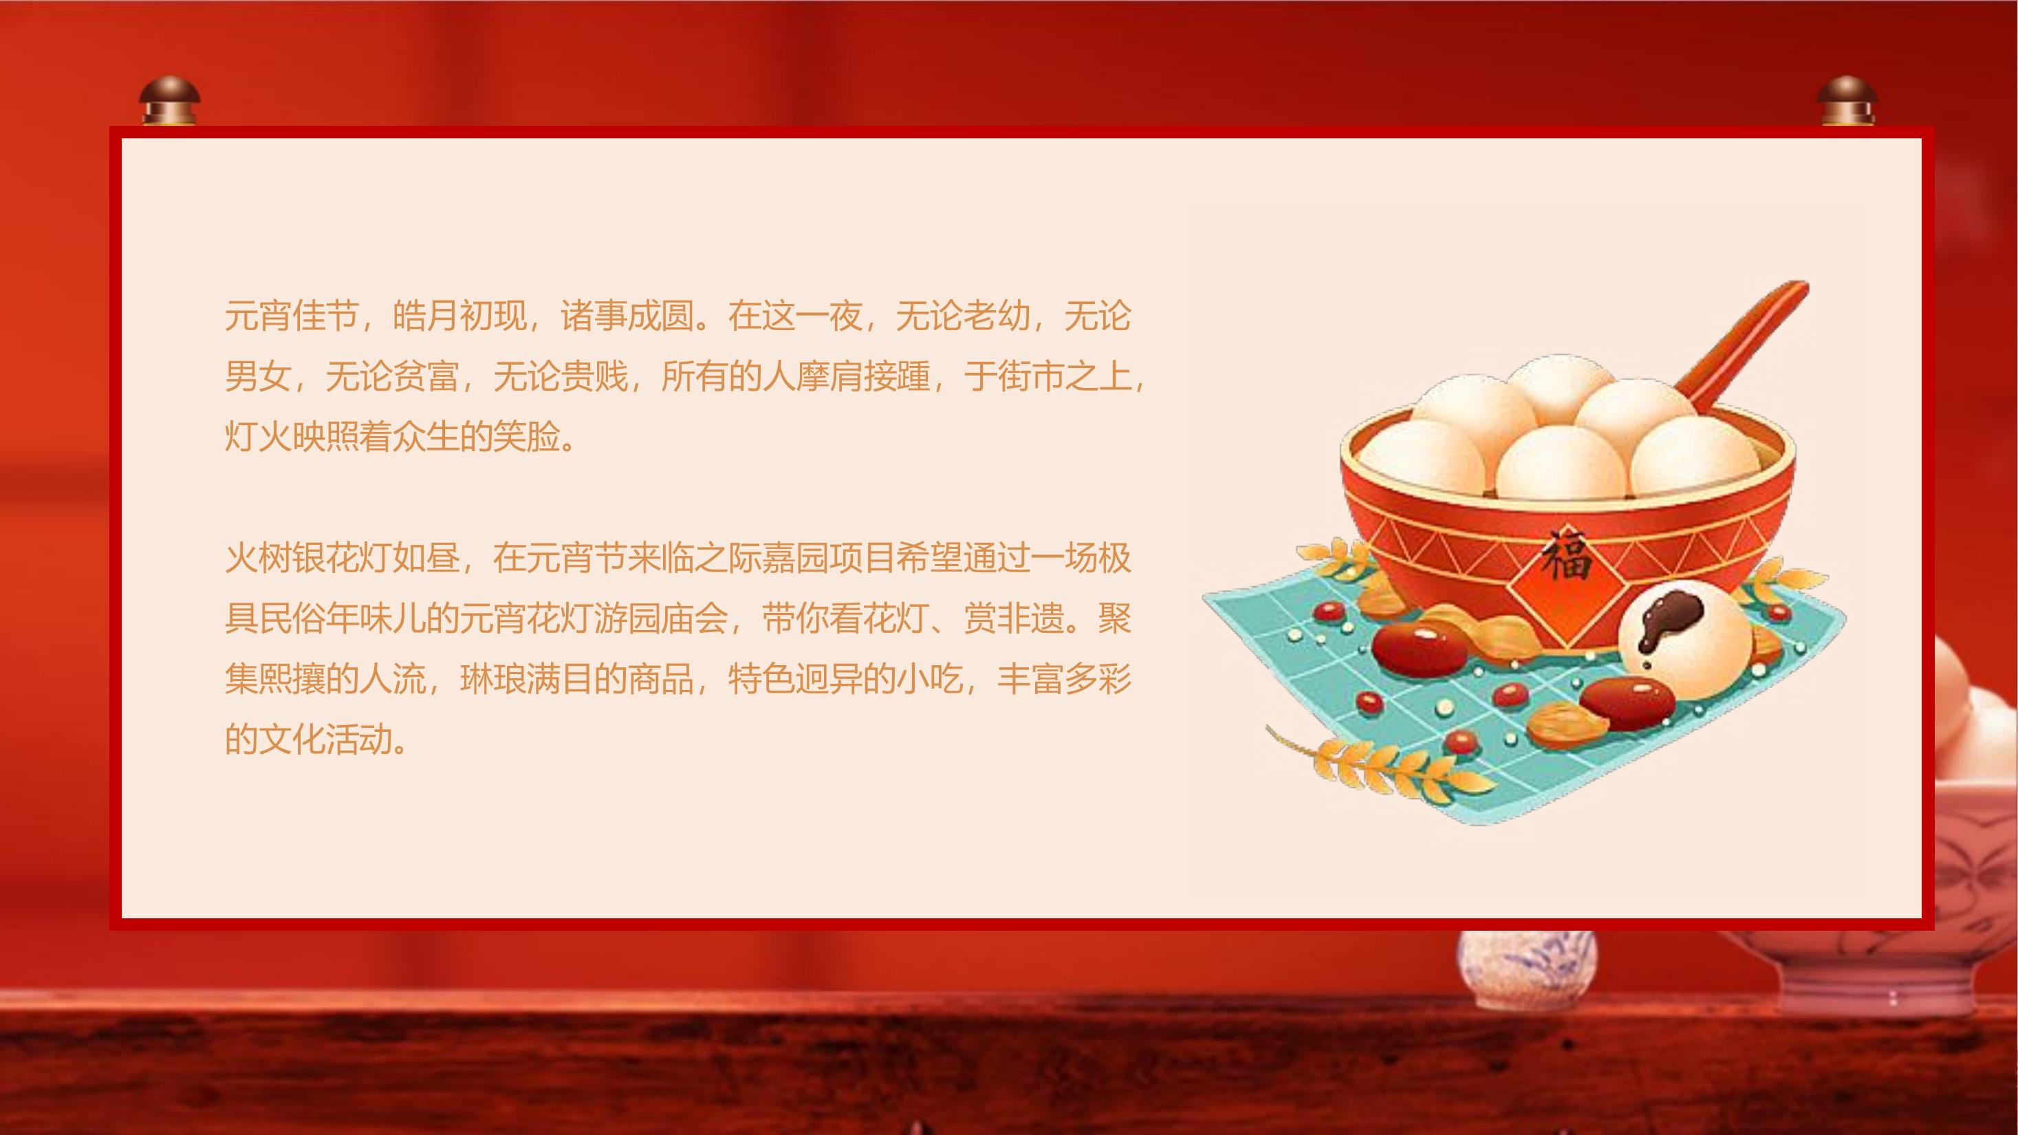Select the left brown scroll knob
pos(169,101)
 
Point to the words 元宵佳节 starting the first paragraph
pos(291,317)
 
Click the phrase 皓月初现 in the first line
pos(459,317)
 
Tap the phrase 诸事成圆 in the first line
pos(627,317)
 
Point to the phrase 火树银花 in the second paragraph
pos(291,559)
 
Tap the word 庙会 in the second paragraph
pos(694,620)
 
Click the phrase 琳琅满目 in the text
pos(525,680)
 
